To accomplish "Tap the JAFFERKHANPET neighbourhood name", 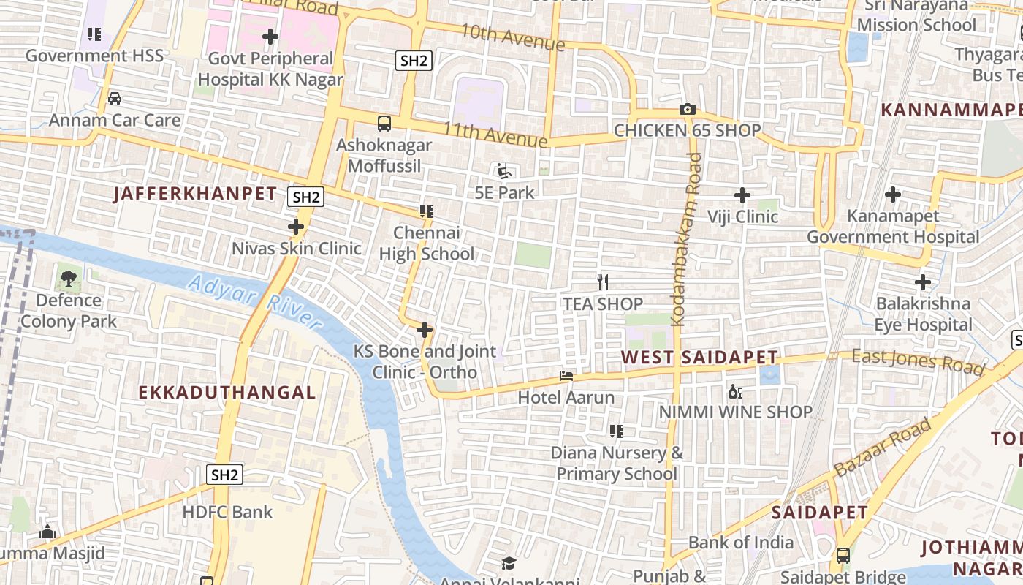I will pyautogui.click(x=195, y=194).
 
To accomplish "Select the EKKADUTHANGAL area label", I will pyautogui.click(x=227, y=393).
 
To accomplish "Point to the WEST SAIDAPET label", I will pyautogui.click(x=699, y=358).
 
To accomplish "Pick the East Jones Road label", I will pyautogui.click(x=918, y=361).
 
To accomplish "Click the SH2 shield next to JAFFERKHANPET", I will pyautogui.click(x=305, y=197).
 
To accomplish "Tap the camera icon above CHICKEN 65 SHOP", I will pyautogui.click(x=687, y=110).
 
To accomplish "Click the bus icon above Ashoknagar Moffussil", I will pyautogui.click(x=384, y=124).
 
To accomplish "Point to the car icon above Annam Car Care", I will pyautogui.click(x=115, y=98).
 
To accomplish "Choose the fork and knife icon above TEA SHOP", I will pyautogui.click(x=603, y=282).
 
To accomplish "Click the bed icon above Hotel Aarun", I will pyautogui.click(x=566, y=376).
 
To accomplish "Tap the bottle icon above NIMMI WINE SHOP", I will pyautogui.click(x=735, y=391).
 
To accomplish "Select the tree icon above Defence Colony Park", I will pyautogui.click(x=69, y=278).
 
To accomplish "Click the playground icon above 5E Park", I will pyautogui.click(x=503, y=171).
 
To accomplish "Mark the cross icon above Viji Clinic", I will pyautogui.click(x=742, y=195).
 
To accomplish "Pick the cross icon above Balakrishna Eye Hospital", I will pyautogui.click(x=923, y=282).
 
